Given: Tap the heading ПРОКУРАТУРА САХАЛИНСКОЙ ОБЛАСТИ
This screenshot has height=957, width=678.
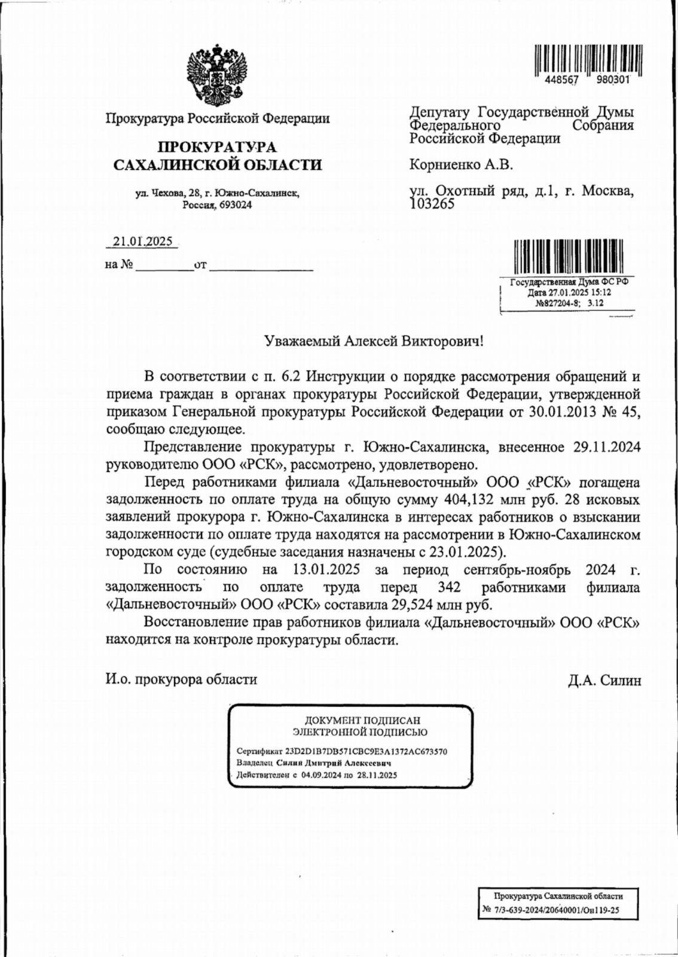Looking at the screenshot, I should (x=217, y=156).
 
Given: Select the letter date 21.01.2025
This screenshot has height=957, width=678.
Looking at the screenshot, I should (x=143, y=242).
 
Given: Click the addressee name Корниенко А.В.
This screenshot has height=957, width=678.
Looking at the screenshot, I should (x=461, y=164).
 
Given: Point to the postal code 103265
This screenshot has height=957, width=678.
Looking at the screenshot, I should (x=432, y=204).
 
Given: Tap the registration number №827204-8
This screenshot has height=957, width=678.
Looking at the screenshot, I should (x=559, y=303).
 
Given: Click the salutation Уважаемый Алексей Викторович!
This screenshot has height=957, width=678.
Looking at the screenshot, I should (x=373, y=342).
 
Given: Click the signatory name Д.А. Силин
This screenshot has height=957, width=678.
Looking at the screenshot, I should (x=604, y=679).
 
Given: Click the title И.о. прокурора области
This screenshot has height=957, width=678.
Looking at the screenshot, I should (x=181, y=679).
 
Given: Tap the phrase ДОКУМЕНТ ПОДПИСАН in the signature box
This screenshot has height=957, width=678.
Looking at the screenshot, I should (x=362, y=720).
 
